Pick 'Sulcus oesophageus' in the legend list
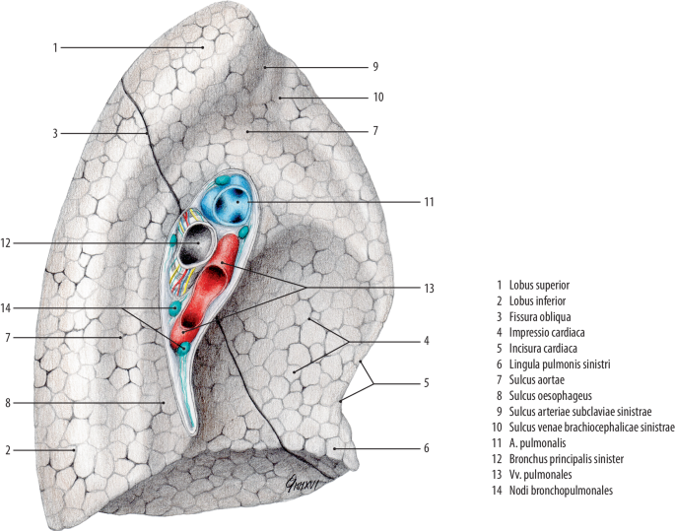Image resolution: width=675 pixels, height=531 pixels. click(x=560, y=395)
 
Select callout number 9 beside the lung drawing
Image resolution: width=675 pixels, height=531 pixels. click(x=375, y=66)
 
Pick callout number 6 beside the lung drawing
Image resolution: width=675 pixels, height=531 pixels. click(x=426, y=448)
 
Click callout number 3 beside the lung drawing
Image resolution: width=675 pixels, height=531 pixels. click(x=56, y=133)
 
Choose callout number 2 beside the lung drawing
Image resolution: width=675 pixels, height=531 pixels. click(x=9, y=450)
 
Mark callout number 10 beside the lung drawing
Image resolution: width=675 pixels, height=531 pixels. click(x=378, y=98)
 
